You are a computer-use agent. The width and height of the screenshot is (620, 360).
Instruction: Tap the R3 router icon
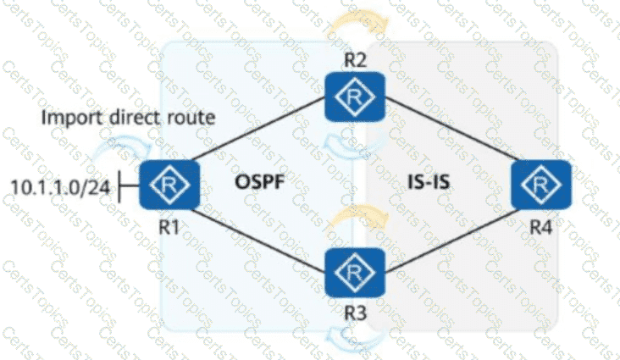356,273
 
